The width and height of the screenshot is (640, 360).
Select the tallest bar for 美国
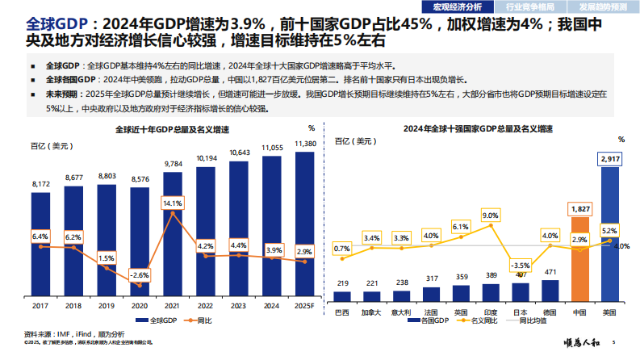click(x=612, y=234)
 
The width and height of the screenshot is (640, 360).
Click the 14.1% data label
click(x=173, y=203)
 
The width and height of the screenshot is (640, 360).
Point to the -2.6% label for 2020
click(x=140, y=275)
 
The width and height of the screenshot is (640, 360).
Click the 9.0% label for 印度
click(x=490, y=216)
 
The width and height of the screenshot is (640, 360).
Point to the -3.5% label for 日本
click(x=521, y=266)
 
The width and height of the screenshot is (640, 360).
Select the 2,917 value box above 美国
click(x=612, y=160)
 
